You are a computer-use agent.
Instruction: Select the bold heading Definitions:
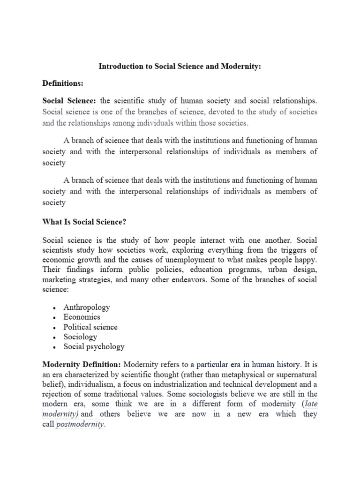63,83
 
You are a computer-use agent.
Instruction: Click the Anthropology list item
87,307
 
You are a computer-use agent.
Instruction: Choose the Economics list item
82,317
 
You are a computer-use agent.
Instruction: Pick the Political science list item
90,327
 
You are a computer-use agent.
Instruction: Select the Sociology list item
80,337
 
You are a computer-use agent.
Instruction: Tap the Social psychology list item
94,346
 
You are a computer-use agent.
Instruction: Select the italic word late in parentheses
310,404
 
